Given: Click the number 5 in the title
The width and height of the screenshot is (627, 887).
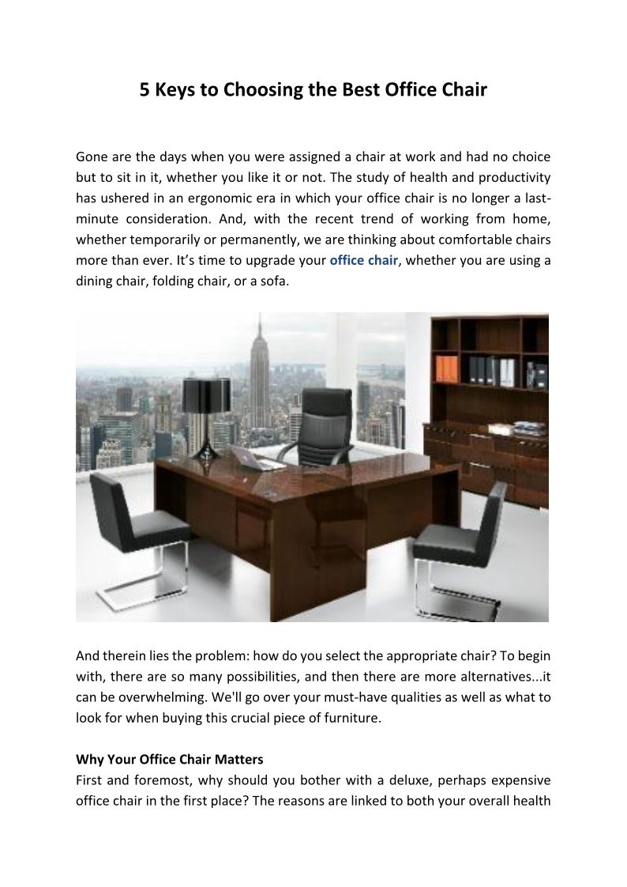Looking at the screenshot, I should [145, 90].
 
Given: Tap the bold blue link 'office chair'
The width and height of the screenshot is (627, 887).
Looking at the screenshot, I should [363, 259].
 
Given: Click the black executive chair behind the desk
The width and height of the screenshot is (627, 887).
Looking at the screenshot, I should [325, 427].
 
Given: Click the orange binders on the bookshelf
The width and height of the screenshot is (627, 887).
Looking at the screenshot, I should [447, 368].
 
